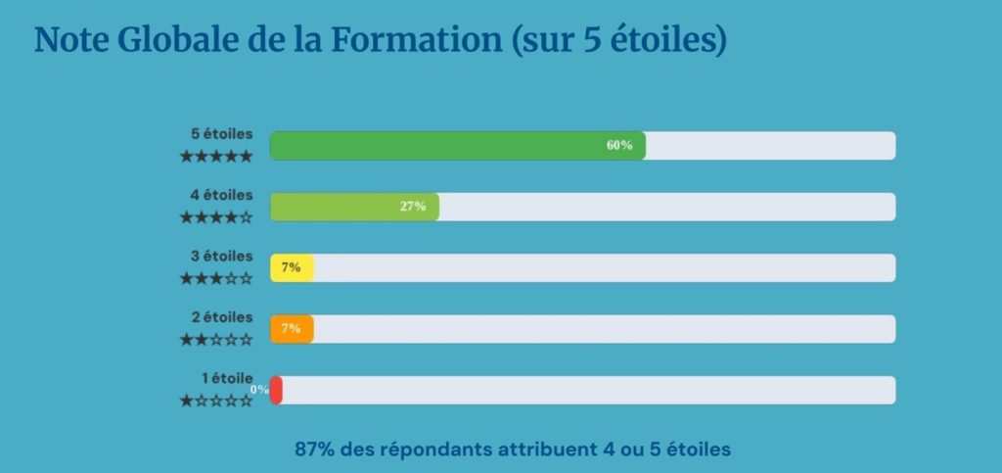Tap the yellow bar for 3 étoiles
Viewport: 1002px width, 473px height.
[292, 268]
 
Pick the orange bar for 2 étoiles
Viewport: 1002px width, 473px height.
[292, 329]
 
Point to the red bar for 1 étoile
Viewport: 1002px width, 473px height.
[277, 390]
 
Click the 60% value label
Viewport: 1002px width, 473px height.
[619, 146]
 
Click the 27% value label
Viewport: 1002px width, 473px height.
[413, 207]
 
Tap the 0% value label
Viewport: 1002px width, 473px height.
[259, 390]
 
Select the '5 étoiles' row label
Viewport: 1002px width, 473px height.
[221, 134]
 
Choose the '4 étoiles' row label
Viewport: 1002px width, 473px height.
[221, 195]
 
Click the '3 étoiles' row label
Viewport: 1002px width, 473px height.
[221, 257]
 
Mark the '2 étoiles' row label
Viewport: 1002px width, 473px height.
[221, 317]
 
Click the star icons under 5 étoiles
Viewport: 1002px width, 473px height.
[216, 156]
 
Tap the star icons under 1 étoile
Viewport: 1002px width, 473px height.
[216, 401]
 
